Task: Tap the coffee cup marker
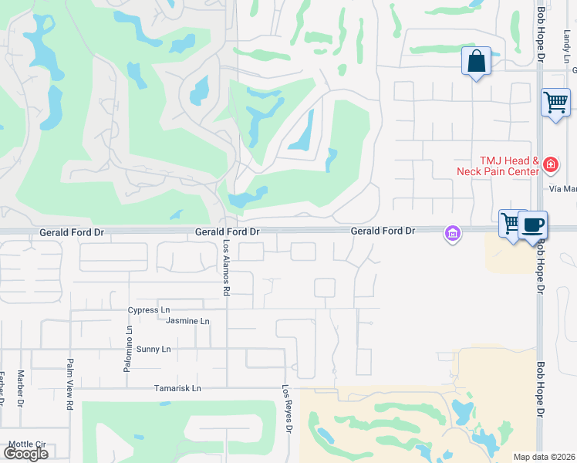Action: (x=532, y=225)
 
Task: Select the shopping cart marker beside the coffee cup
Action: (x=511, y=224)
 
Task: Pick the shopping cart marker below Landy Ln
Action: (x=555, y=102)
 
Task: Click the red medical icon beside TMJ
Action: (x=550, y=164)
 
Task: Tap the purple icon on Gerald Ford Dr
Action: (x=452, y=232)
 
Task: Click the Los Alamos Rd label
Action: (x=227, y=267)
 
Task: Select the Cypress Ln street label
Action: (x=149, y=310)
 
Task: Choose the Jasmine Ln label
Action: (x=187, y=321)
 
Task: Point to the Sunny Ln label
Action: (x=154, y=350)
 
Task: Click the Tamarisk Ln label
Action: (x=177, y=389)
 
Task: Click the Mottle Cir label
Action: (x=29, y=444)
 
